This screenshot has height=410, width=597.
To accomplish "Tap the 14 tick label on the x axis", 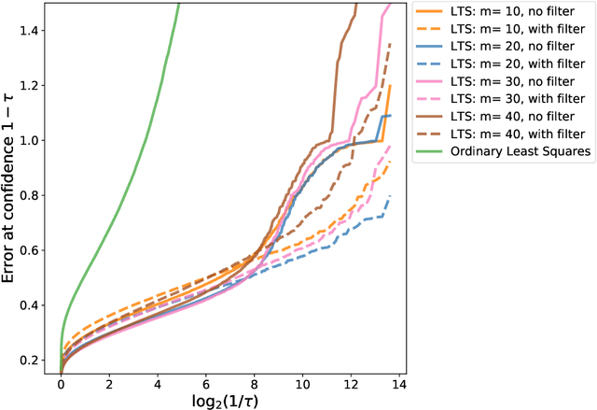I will click(x=398, y=382).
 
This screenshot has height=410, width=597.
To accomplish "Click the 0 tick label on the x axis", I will click(x=61, y=382).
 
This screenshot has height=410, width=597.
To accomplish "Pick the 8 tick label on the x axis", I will click(x=254, y=382).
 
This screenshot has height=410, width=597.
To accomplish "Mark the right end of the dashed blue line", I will click(x=390, y=195).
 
